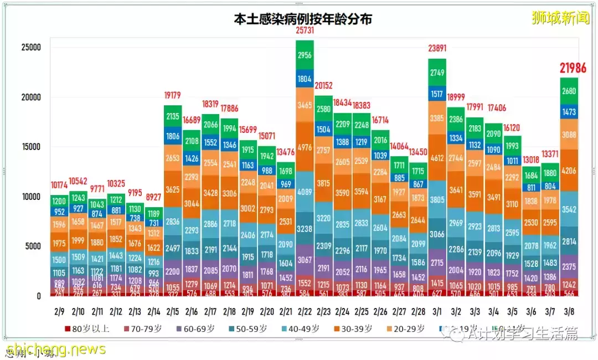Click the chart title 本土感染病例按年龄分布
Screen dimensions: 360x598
pos(302,19)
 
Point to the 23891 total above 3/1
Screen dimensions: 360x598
pos(437,48)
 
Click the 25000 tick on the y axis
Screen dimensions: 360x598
pos(31,48)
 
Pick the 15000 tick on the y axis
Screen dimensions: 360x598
pos(31,147)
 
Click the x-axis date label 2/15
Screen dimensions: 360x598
pos(172,312)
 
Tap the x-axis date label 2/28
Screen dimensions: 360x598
pos(418,312)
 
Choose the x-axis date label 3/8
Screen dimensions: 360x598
pos(569,312)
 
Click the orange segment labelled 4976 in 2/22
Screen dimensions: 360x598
pos(305,147)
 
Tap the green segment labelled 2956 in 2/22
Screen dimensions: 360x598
pos(305,55)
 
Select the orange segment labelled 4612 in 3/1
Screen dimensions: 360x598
pos(437,158)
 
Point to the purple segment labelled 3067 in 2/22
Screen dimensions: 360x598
pos(305,260)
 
